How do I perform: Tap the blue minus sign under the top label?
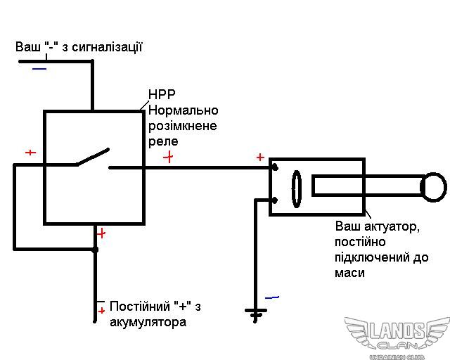click(39, 69)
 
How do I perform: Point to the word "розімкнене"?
click(182, 126)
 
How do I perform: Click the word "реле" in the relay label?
click(163, 141)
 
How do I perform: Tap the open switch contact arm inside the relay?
click(94, 157)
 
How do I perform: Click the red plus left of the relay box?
click(30, 153)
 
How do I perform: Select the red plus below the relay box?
click(101, 233)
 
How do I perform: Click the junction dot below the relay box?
click(95, 249)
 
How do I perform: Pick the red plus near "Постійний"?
click(101, 310)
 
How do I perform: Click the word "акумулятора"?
click(148, 323)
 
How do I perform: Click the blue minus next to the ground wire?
click(272, 297)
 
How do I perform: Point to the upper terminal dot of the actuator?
click(274, 168)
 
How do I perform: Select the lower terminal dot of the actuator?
click(274, 200)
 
